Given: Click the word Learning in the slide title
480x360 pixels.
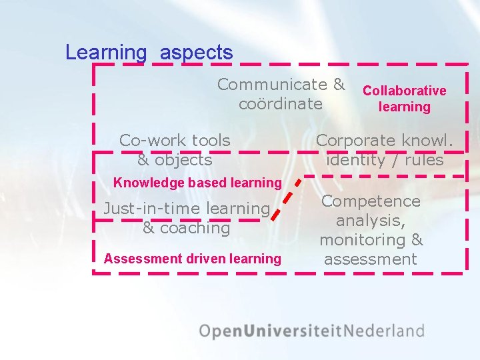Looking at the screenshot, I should [105, 53].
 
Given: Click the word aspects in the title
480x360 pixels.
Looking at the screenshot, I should [197, 53].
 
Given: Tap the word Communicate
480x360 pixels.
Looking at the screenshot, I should [272, 85].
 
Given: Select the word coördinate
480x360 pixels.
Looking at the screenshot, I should [281, 104].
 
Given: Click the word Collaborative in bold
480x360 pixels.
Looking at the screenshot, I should [404, 91].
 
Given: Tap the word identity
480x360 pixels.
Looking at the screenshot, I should [356, 160].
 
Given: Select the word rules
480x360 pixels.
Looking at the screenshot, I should [424, 160].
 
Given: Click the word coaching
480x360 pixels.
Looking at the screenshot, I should [193, 228].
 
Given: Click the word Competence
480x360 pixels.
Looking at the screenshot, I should [371, 201].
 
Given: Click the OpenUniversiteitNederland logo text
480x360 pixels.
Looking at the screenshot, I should [311, 331].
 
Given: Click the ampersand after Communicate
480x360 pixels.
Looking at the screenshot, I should [339, 85].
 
